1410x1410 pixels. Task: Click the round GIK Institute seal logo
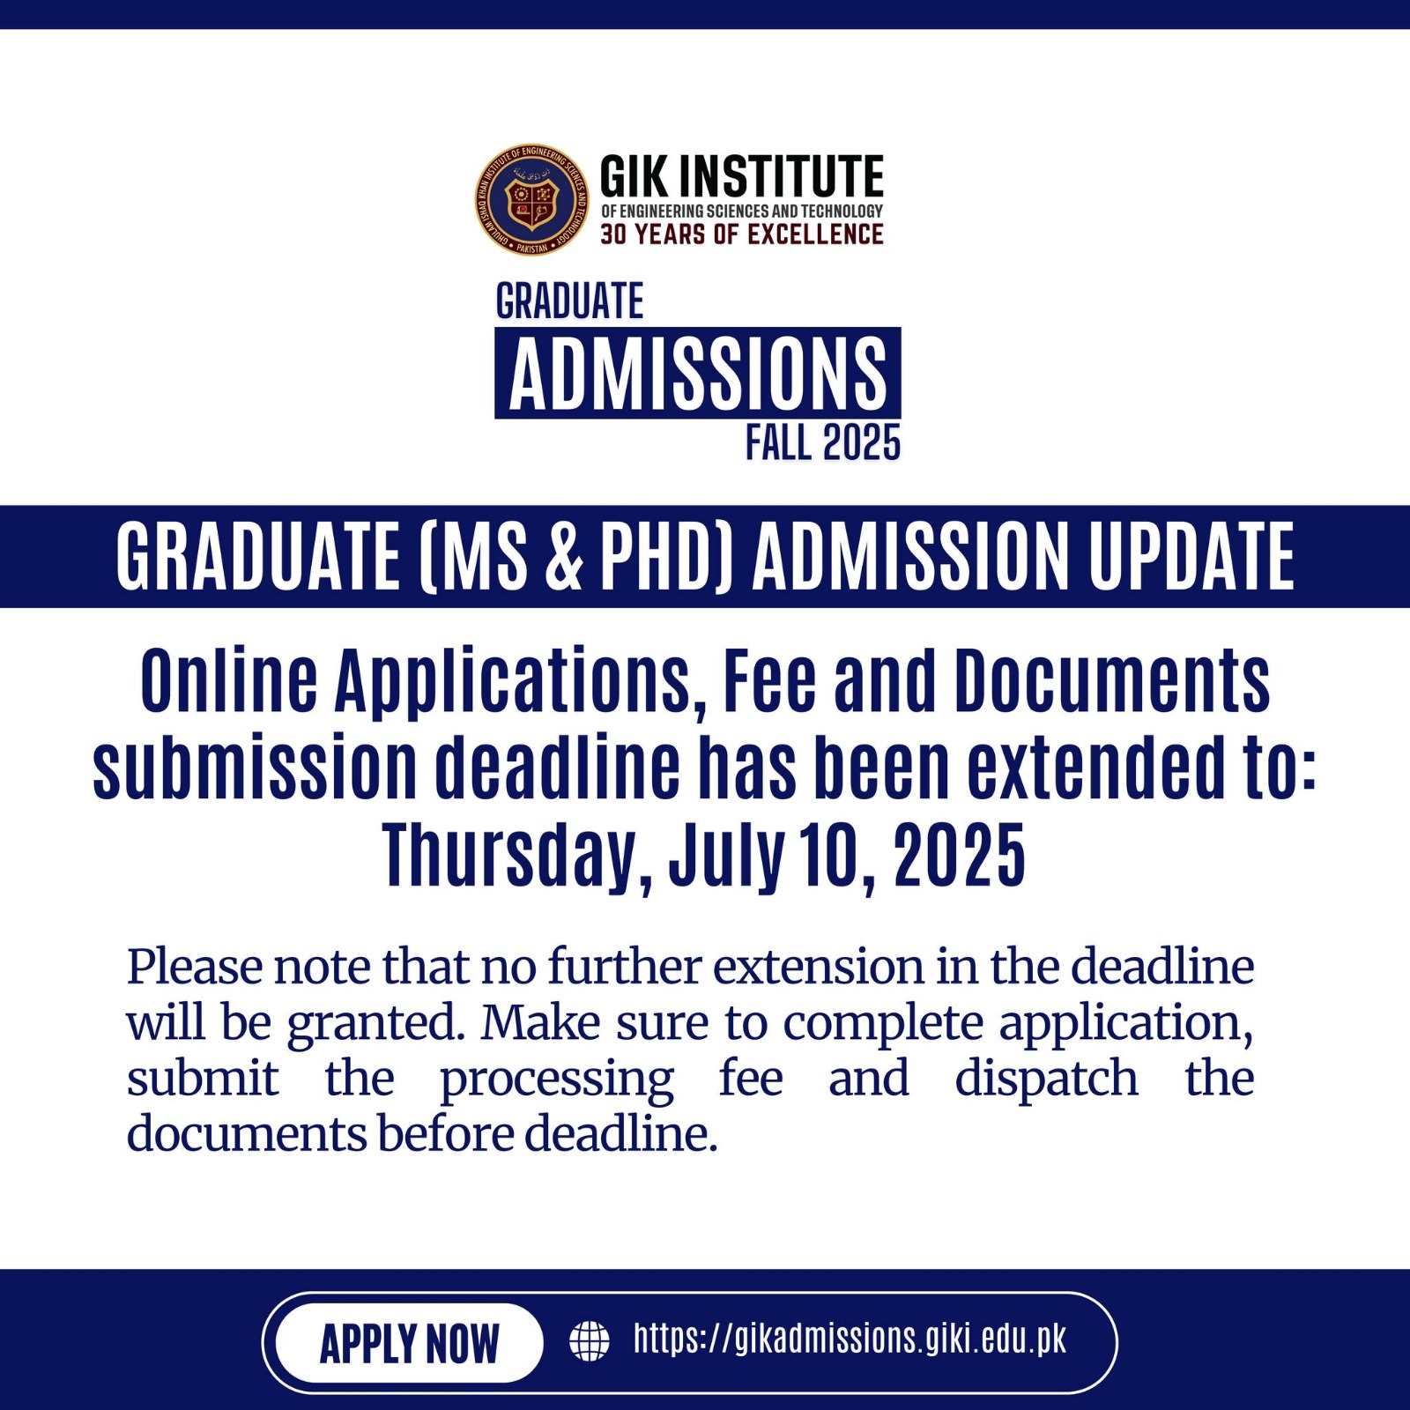point(532,200)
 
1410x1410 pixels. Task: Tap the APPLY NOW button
point(409,1343)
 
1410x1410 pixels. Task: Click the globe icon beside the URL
point(589,1341)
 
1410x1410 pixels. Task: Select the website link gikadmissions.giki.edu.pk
point(850,1339)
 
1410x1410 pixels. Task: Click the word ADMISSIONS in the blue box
point(698,373)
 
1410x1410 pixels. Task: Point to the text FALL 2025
point(823,442)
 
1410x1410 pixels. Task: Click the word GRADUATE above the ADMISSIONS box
point(569,301)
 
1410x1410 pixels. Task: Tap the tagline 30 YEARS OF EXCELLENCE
point(742,234)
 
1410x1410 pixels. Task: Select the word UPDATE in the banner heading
point(1191,556)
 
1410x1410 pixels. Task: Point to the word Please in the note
point(194,968)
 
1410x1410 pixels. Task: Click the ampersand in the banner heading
point(565,556)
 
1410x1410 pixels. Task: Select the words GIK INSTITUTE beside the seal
point(742,176)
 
